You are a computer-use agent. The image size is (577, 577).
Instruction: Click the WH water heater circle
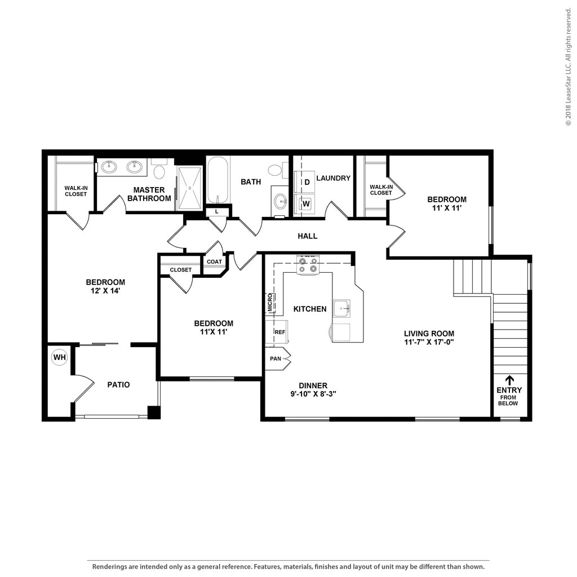pyautogui.click(x=59, y=357)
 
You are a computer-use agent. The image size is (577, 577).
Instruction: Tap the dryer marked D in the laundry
pyautogui.click(x=305, y=182)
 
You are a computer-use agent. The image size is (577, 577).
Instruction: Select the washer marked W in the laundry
pyautogui.click(x=305, y=203)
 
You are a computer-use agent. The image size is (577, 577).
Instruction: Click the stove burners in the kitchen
pyautogui.click(x=308, y=265)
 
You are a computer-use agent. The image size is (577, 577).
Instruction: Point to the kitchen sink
pyautogui.click(x=342, y=308)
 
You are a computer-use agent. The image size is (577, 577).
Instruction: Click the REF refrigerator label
pyautogui.click(x=279, y=332)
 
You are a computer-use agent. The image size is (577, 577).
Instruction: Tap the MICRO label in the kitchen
pyautogui.click(x=270, y=303)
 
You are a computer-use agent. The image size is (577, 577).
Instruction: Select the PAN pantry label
pyautogui.click(x=275, y=358)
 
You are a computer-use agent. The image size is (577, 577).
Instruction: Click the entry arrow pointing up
pyautogui.click(x=509, y=380)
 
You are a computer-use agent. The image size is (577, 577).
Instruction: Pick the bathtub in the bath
pyautogui.click(x=218, y=180)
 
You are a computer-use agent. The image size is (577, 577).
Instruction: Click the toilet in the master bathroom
pyautogui.click(x=159, y=169)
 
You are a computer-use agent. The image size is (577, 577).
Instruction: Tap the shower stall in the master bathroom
pyautogui.click(x=189, y=188)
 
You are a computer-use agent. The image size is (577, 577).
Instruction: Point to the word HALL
pyautogui.click(x=307, y=236)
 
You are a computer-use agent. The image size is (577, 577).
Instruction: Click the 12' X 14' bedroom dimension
pyautogui.click(x=105, y=291)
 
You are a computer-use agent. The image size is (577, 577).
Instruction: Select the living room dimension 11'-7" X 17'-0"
pyautogui.click(x=429, y=342)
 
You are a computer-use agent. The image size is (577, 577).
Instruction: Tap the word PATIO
pyautogui.click(x=118, y=384)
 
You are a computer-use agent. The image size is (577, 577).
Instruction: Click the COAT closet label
pyautogui.click(x=214, y=261)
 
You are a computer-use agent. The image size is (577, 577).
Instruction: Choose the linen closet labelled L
pyautogui.click(x=217, y=212)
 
